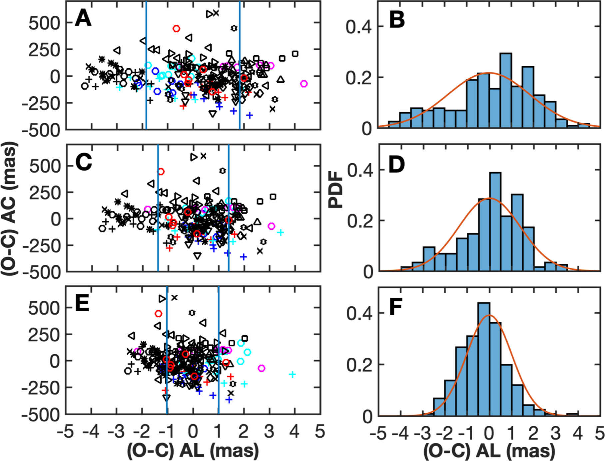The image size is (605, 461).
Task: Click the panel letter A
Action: pyautogui.click(x=83, y=18)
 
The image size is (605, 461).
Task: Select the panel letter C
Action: pyautogui.click(x=84, y=162)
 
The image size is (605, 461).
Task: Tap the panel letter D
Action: pyautogui.click(x=396, y=165)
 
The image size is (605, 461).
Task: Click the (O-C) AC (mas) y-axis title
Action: pyautogui.click(x=10, y=209)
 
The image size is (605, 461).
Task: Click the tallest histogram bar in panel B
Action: pyautogui.click(x=506, y=90)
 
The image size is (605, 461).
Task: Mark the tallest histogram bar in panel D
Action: pyautogui.click(x=495, y=222)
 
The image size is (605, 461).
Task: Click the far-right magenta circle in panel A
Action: pyautogui.click(x=303, y=84)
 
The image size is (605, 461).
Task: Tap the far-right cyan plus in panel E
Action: pyautogui.click(x=292, y=375)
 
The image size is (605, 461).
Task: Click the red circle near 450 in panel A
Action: pyautogui.click(x=176, y=29)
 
